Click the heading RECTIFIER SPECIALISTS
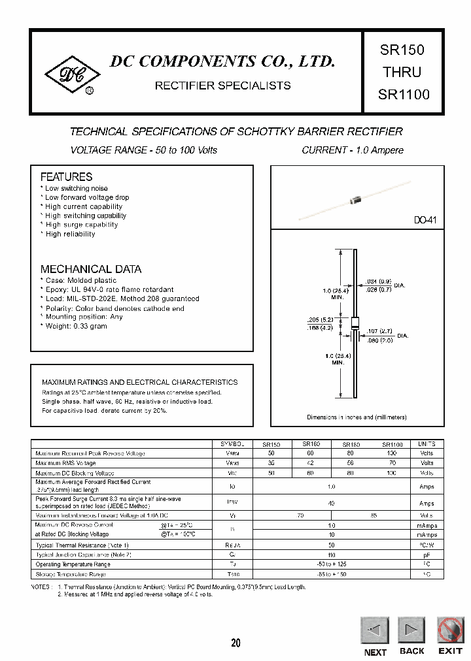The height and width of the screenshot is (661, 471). click(222, 86)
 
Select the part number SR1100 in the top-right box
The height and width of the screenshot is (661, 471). click(404, 94)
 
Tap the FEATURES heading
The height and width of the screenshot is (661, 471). click(66, 177)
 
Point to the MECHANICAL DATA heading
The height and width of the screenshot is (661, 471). click(91, 269)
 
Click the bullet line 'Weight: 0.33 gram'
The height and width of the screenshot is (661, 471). click(75, 326)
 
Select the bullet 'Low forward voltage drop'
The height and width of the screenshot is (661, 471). click(86, 197)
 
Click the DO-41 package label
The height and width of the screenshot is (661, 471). click(425, 221)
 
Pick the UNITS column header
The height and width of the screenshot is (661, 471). click(427, 443)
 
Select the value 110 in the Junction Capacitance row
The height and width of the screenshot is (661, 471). click(331, 555)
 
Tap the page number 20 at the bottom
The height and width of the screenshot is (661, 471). click(235, 643)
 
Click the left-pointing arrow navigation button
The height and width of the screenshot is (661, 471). click(375, 631)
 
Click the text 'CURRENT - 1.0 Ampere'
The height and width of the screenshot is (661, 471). click(352, 150)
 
